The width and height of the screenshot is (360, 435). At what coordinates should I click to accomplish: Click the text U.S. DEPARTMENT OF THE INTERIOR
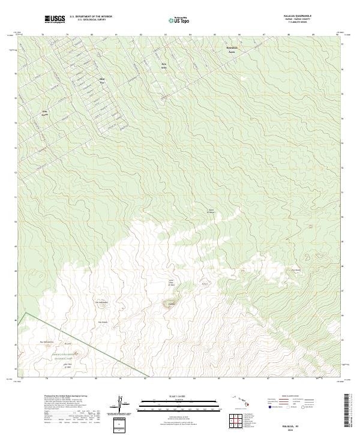tap(91, 17)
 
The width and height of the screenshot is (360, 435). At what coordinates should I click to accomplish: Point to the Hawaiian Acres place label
tap(232, 49)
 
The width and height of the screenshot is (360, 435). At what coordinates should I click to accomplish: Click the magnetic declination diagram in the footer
tap(122, 403)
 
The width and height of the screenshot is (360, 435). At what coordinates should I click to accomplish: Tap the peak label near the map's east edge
tap(295, 269)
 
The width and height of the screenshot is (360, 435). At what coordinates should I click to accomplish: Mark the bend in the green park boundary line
tap(26, 313)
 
